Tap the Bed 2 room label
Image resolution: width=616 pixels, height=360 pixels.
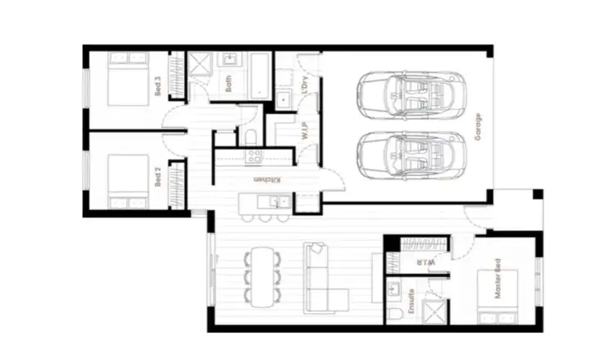click(x=158, y=178)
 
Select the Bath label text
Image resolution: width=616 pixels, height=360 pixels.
click(x=229, y=85)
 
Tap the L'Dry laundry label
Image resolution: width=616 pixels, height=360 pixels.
click(x=304, y=85)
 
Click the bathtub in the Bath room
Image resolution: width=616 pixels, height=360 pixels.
click(x=262, y=78)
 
